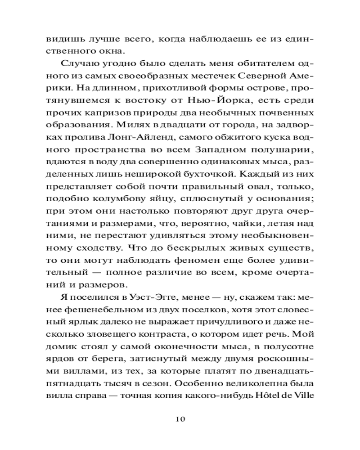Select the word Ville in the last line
[x=305, y=396]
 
